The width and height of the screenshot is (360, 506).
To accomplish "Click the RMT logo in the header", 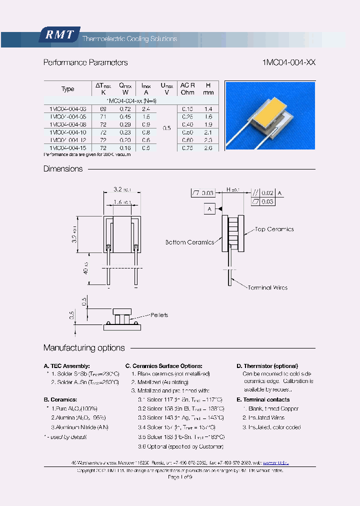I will (59, 35).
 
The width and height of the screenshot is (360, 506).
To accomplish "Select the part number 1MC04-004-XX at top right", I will (288, 62).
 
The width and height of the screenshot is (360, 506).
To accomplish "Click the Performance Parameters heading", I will (85, 62).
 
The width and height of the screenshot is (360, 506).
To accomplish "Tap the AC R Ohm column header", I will (187, 89).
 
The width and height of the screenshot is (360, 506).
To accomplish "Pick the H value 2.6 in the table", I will (208, 148).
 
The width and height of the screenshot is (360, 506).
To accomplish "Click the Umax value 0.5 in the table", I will (167, 128).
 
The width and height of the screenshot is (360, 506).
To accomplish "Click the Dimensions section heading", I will (63, 169).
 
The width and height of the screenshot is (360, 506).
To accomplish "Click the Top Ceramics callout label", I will (274, 229).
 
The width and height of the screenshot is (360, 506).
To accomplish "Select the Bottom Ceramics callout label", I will (189, 242).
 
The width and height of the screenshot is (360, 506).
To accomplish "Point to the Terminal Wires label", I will (266, 287).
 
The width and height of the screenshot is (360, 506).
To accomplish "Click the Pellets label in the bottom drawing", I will (159, 315).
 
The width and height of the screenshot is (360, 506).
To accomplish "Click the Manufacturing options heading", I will (84, 347).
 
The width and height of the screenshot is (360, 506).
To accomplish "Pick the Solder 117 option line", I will (180, 399).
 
